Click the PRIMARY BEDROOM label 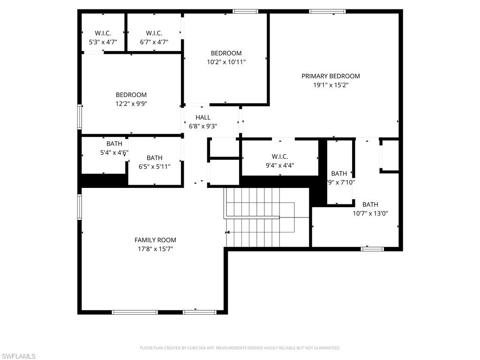pyautogui.click(x=330, y=76)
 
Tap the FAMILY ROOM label pyautogui.click(x=155, y=240)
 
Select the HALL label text pyautogui.click(x=203, y=117)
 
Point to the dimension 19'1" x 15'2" pyautogui.click(x=330, y=85)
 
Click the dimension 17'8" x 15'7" pyautogui.click(x=155, y=249)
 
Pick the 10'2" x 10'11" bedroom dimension pyautogui.click(x=226, y=62)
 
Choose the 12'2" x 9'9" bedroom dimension pyautogui.click(x=131, y=104)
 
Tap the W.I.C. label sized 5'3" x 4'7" pyautogui.click(x=103, y=33)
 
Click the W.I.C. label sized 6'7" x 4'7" pyautogui.click(x=154, y=33)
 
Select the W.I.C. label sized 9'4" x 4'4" pyautogui.click(x=280, y=156)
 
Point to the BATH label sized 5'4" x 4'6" pyautogui.click(x=114, y=143)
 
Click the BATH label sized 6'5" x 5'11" pyautogui.click(x=154, y=158)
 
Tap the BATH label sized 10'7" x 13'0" pyautogui.click(x=370, y=204)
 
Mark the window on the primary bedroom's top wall pyautogui.click(x=327, y=11)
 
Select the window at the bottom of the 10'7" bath pyautogui.click(x=372, y=249)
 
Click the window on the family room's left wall pyautogui.click(x=80, y=207)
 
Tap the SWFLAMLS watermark pyautogui.click(x=18, y=356)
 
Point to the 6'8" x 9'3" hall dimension pyautogui.click(x=203, y=126)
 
